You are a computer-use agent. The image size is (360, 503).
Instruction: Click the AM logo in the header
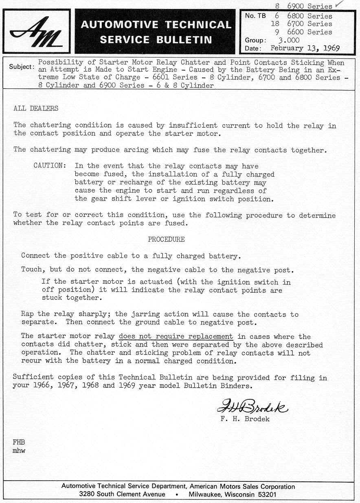click(x=37, y=32)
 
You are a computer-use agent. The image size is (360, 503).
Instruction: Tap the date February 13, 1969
click(x=305, y=48)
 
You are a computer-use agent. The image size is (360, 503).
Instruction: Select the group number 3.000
click(x=289, y=40)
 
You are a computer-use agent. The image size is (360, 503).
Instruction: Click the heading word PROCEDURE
click(x=166, y=239)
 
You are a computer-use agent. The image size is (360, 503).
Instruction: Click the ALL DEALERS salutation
click(x=36, y=108)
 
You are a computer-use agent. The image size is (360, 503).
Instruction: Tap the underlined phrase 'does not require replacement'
click(x=176, y=337)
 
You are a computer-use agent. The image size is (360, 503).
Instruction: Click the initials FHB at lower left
click(x=19, y=442)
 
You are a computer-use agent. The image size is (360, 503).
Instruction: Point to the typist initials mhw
click(x=19, y=451)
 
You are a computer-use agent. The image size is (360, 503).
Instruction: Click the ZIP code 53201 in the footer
click(x=266, y=494)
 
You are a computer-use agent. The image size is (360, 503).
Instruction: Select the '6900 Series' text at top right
click(x=310, y=6)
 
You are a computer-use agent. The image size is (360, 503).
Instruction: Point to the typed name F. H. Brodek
click(x=245, y=419)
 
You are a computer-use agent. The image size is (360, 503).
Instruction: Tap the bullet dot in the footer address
click(x=177, y=494)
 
